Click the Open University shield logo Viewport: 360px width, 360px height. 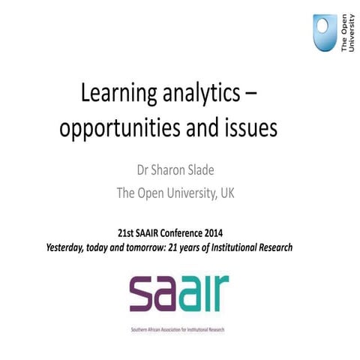[325, 34]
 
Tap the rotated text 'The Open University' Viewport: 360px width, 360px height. [346, 35]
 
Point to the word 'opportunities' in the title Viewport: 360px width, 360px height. [134, 128]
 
